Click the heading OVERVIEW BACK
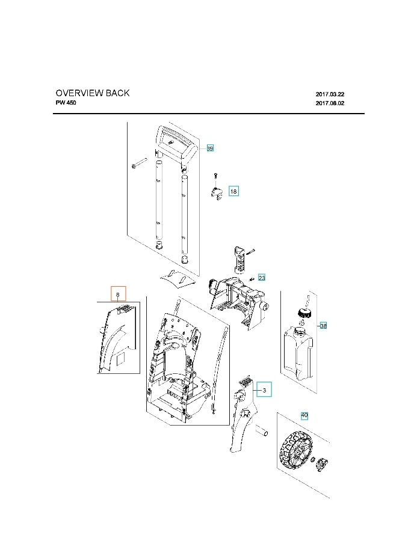tap(92, 93)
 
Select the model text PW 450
tap(66, 103)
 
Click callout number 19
tap(210, 148)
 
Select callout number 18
tap(233, 191)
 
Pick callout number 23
tap(262, 278)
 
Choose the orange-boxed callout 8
tap(118, 294)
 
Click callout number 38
tap(323, 326)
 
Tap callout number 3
tap(264, 390)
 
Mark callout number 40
tap(304, 415)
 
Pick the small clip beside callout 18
tap(216, 193)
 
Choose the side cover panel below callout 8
tap(117, 340)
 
